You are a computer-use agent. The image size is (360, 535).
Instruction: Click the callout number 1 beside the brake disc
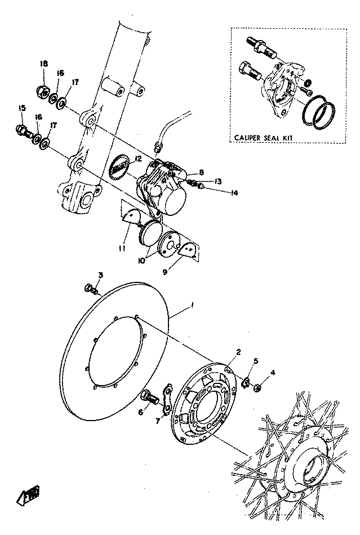[x=192, y=305]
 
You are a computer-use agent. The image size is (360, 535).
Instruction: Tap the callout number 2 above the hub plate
[x=238, y=352]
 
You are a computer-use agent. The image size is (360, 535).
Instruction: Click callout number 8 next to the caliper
[x=201, y=173]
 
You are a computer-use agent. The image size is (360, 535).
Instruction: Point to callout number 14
[x=234, y=193]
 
